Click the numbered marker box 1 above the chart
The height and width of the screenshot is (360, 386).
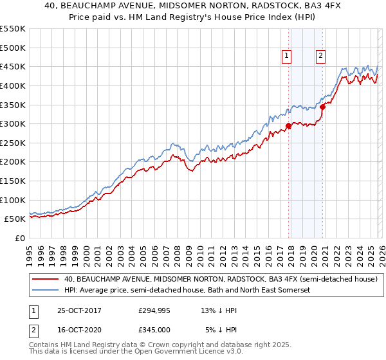pos(286,56)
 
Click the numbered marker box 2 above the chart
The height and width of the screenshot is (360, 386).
pos(320,56)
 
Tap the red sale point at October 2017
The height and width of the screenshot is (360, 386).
pos(289,126)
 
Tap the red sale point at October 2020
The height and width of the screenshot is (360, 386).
pos(323,107)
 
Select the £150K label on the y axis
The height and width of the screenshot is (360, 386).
pos(13,181)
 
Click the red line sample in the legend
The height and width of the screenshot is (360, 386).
pos(45,280)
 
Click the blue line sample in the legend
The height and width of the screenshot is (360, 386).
pos(45,291)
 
